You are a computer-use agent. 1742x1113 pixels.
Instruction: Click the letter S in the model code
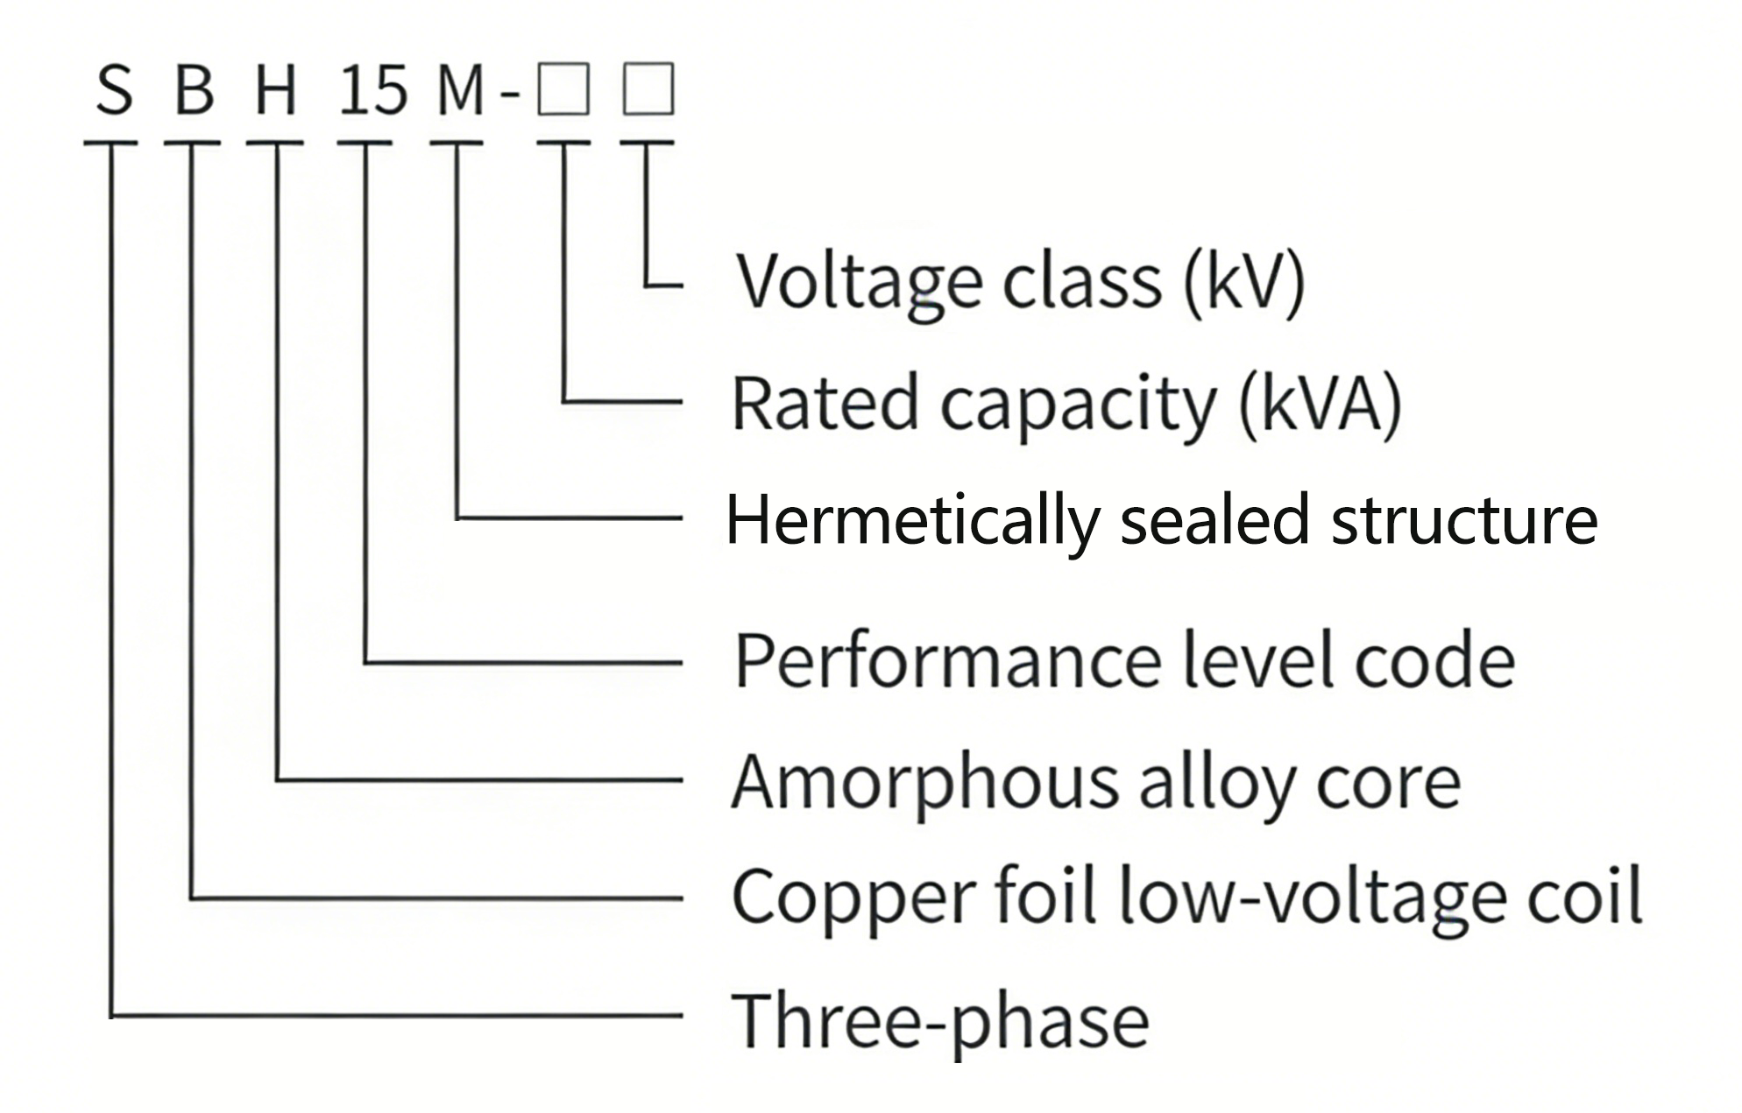[114, 90]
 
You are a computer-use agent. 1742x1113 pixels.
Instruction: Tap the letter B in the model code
[194, 90]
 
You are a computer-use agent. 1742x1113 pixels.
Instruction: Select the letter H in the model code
[275, 90]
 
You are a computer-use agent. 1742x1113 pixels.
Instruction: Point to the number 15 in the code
[373, 90]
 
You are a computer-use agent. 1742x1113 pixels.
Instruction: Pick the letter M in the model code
[460, 90]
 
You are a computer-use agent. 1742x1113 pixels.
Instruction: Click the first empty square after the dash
[563, 88]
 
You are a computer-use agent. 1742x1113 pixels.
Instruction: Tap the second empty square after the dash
[648, 88]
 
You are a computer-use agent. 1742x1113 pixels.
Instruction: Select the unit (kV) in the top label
[1244, 282]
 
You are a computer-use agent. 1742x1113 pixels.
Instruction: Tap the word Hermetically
[912, 521]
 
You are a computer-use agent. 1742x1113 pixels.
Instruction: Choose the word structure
[1464, 521]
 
